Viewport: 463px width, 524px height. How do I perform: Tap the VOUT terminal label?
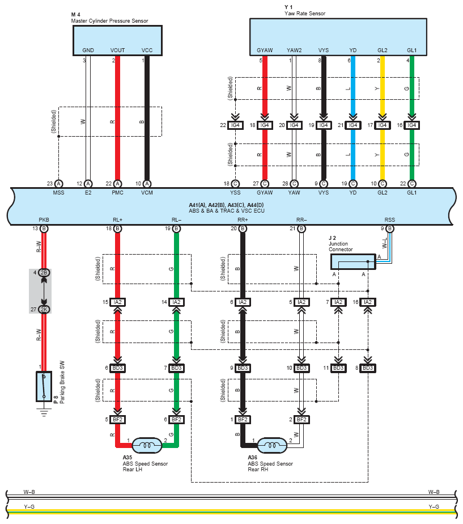pyautogui.click(x=117, y=50)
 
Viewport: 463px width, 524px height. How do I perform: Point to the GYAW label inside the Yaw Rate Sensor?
pyautogui.click(x=265, y=50)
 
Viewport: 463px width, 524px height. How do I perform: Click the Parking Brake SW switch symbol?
pyautogui.click(x=44, y=386)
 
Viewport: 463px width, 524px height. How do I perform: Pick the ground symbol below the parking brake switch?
pyautogui.click(x=44, y=412)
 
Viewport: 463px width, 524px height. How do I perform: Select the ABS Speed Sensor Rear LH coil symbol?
pyautogui.click(x=147, y=445)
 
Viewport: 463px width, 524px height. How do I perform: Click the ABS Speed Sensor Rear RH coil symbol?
pyautogui.click(x=272, y=445)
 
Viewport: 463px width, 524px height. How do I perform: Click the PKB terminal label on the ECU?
pyautogui.click(x=44, y=219)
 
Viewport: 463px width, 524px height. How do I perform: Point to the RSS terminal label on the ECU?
pyautogui.click(x=389, y=219)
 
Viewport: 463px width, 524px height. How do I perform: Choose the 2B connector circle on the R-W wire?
pyautogui.click(x=44, y=273)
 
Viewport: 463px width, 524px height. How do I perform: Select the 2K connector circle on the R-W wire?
pyautogui.click(x=44, y=310)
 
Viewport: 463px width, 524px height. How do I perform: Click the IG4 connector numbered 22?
pyautogui.click(x=235, y=125)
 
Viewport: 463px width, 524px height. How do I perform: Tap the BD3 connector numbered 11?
pyautogui.click(x=338, y=368)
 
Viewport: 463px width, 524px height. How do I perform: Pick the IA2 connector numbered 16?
pyautogui.click(x=367, y=302)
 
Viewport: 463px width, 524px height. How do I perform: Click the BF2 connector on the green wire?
pyautogui.click(x=176, y=420)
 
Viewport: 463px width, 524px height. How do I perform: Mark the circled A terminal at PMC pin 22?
pyautogui.click(x=117, y=184)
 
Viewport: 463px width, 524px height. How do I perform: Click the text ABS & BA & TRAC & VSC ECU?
pyautogui.click(x=227, y=211)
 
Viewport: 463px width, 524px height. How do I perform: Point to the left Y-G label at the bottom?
pyautogui.click(x=29, y=506)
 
